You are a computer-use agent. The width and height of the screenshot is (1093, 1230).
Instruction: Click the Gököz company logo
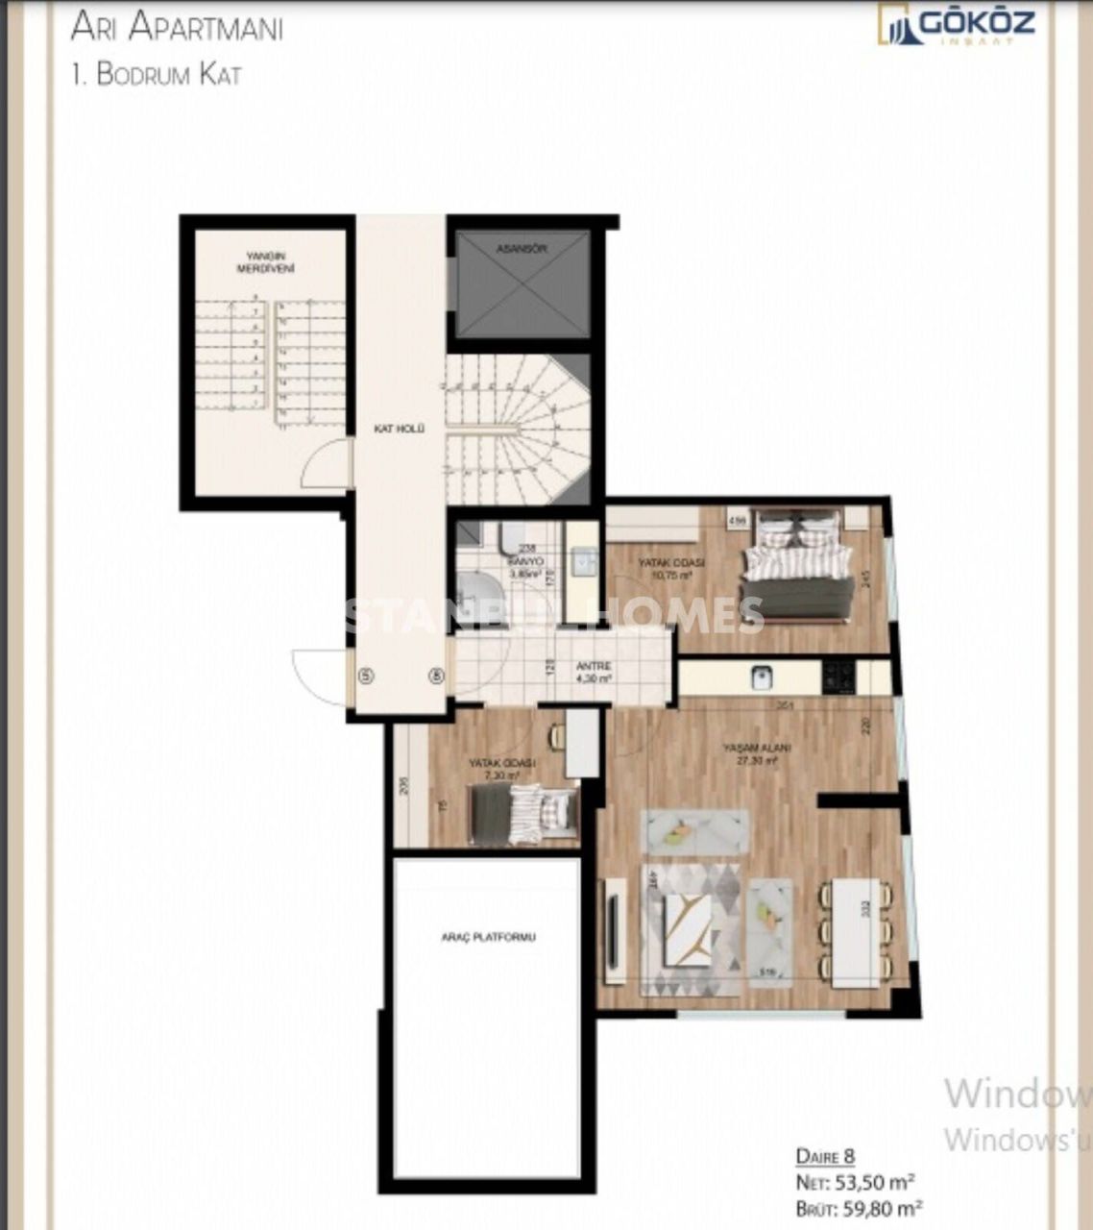pos(957,24)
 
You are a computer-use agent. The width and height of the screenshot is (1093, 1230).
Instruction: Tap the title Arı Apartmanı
pos(177,28)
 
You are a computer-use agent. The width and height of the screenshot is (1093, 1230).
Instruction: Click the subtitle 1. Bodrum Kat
pos(157,76)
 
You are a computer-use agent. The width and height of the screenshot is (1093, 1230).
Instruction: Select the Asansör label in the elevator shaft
pos(522,248)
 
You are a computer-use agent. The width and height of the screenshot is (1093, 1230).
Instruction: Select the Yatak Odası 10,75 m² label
pos(672,567)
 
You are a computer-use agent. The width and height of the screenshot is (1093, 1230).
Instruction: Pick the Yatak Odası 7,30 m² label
pos(501,768)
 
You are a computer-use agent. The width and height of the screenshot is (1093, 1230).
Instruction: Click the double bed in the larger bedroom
pos(797,565)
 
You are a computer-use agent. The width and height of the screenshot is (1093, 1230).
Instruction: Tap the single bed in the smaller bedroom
pos(523,813)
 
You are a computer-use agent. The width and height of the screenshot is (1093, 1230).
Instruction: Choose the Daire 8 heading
pos(824,1156)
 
